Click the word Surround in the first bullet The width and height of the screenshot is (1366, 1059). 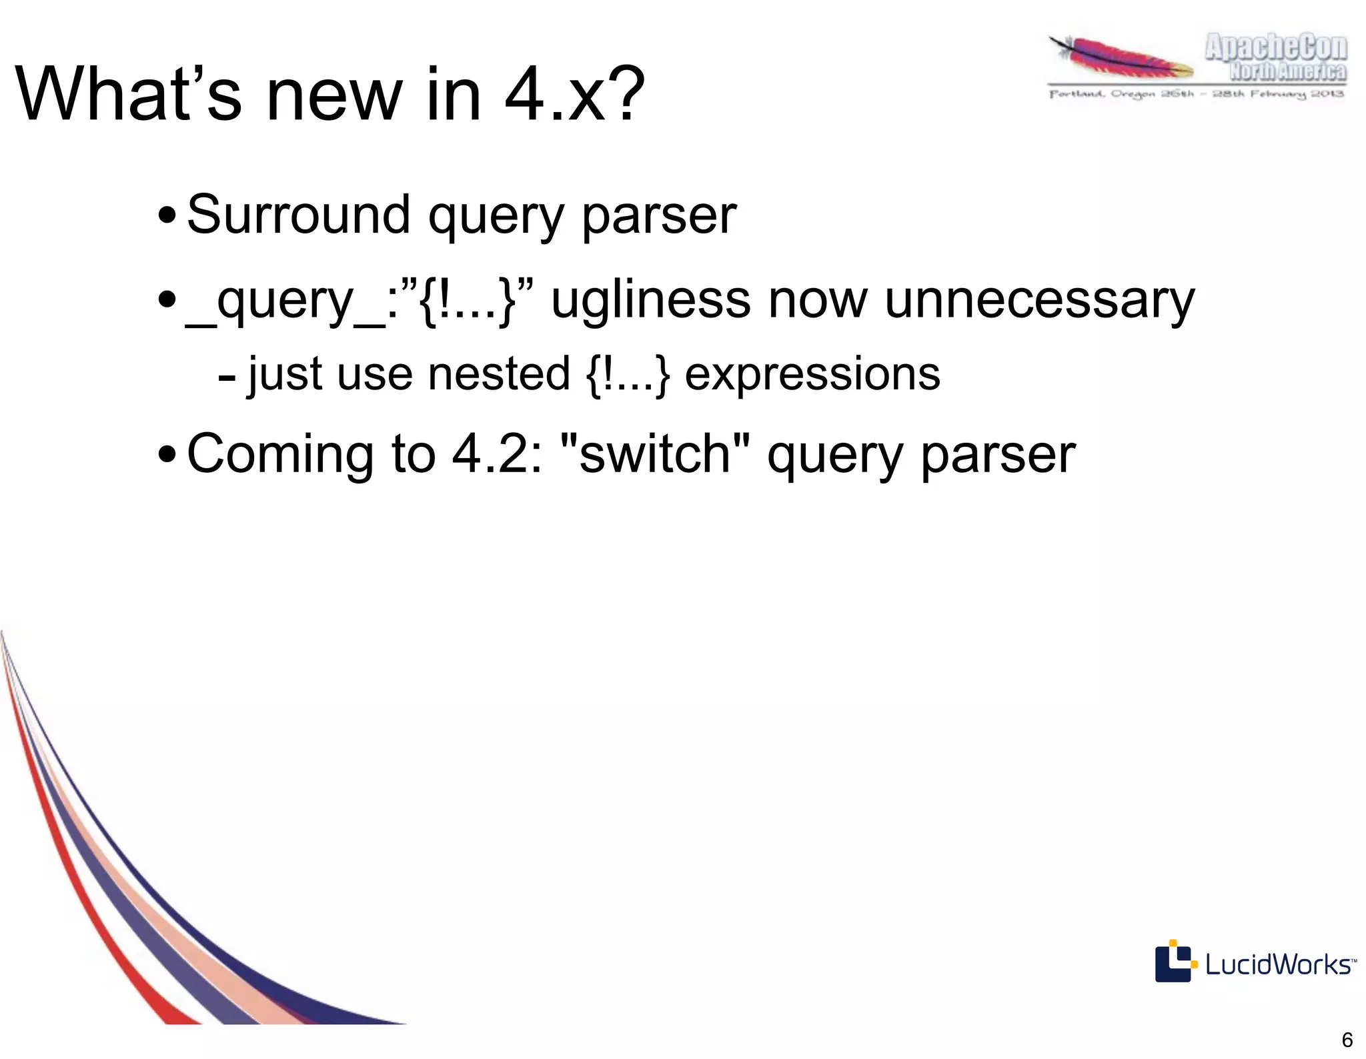pos(297,215)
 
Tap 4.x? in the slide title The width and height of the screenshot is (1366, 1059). pos(574,95)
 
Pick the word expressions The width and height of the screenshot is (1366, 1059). pos(812,375)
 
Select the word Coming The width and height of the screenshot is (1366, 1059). pos(280,455)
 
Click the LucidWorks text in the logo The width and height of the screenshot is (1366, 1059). pos(1278,964)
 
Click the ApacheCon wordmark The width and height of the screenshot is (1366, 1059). pos(1275,48)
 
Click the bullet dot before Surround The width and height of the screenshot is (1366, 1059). pos(167,217)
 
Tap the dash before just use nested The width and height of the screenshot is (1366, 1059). pos(227,377)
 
